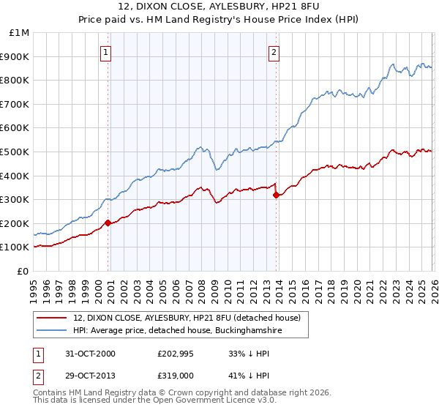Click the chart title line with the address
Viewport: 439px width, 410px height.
(x=219, y=7)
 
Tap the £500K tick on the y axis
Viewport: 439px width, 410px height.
(x=15, y=152)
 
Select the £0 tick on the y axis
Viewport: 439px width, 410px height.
(x=23, y=271)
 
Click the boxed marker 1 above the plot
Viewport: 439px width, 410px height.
(x=107, y=52)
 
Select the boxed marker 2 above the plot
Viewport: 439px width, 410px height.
(x=274, y=52)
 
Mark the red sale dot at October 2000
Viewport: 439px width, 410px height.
(x=108, y=223)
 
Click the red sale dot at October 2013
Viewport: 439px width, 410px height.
(x=275, y=195)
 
